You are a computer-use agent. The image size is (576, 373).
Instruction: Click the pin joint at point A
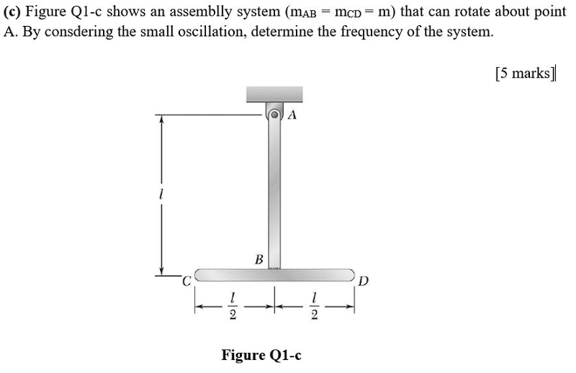coord(274,114)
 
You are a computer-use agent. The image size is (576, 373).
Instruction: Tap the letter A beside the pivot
coord(292,115)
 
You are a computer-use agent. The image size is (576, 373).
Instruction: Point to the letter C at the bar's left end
coord(186,282)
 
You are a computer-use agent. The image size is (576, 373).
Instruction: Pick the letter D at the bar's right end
coord(364,281)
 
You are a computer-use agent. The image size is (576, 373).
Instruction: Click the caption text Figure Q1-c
coord(261,355)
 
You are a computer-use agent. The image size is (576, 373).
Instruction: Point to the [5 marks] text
coord(526,73)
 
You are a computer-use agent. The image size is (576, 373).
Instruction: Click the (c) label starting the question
coord(13,12)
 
